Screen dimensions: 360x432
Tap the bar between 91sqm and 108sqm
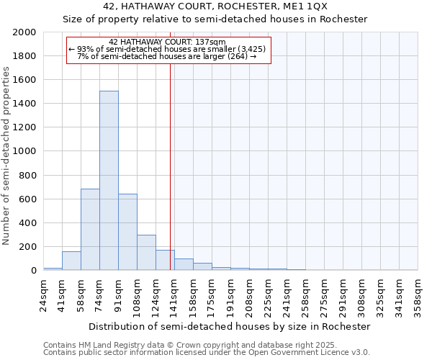tap(127, 232)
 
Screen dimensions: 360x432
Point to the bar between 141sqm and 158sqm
tap(184, 264)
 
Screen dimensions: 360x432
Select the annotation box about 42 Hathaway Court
tap(168, 50)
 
